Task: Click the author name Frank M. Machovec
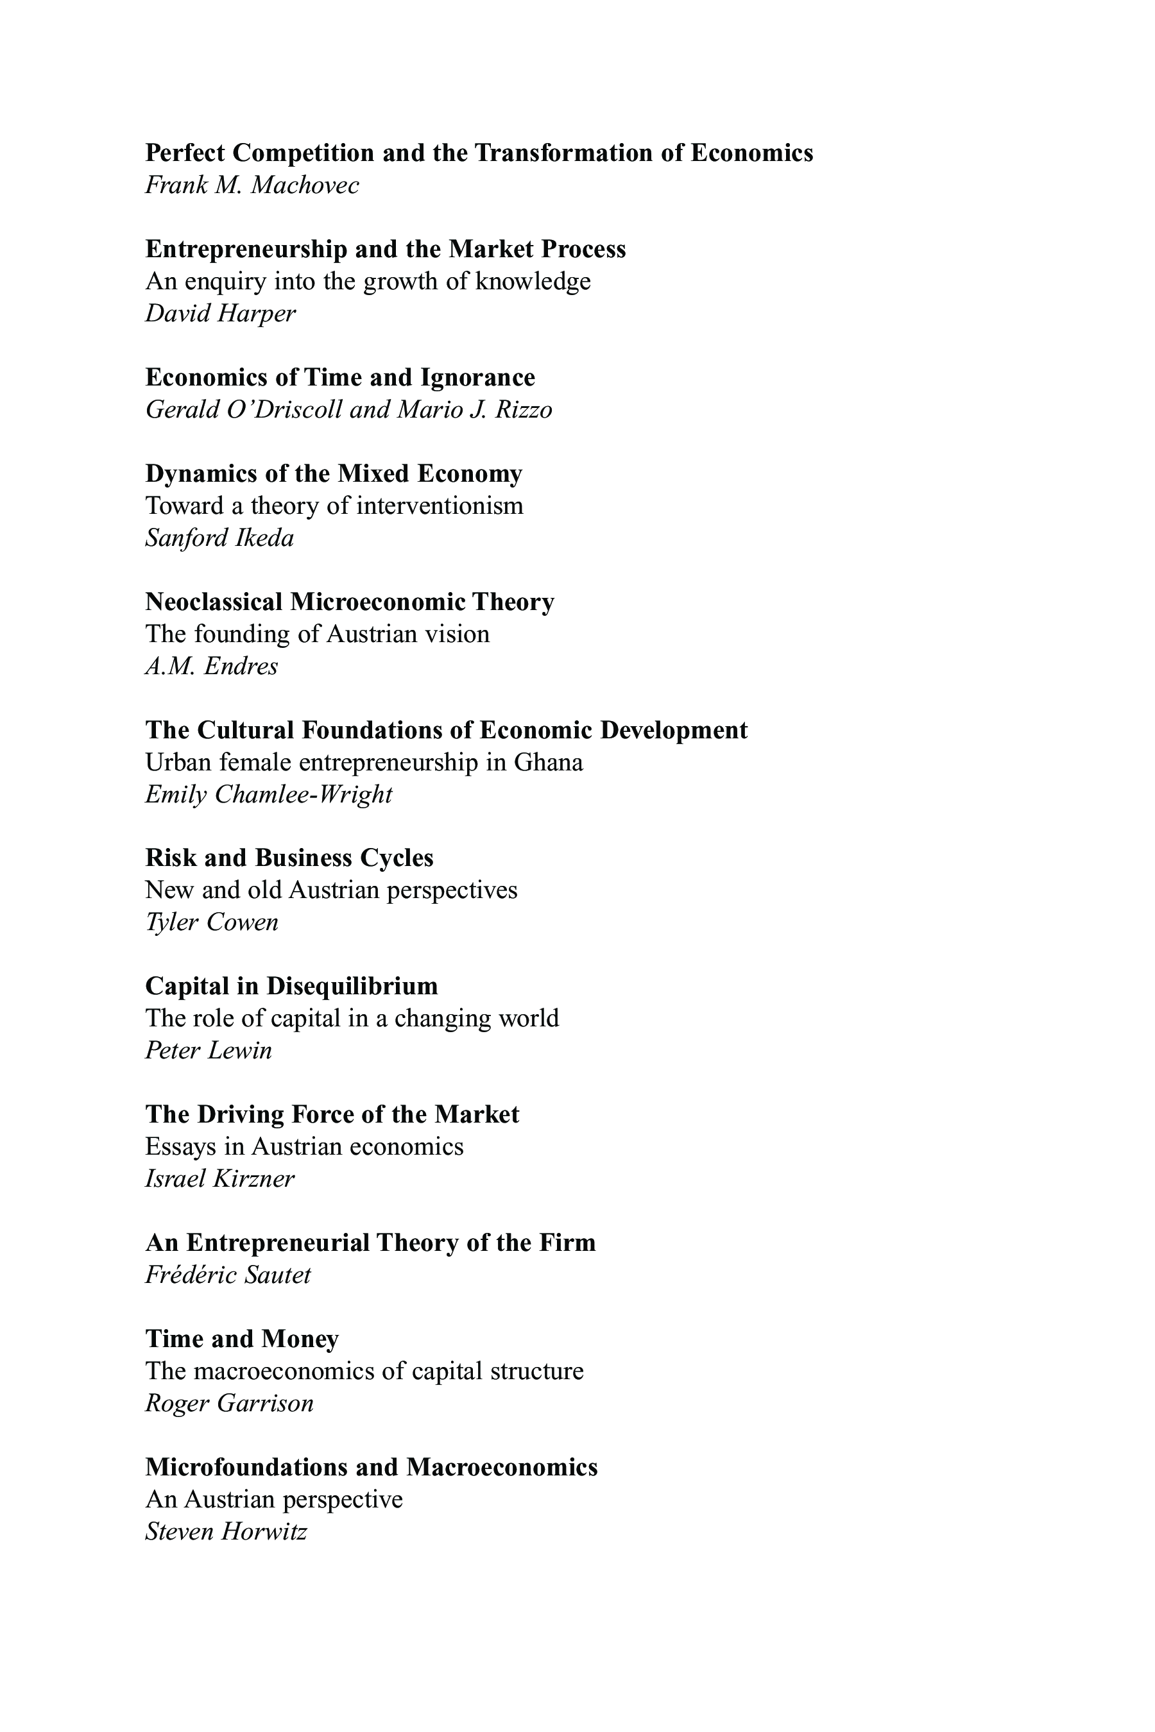(252, 185)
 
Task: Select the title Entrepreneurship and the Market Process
(385, 250)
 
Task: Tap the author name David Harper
(220, 314)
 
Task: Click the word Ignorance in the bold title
(477, 378)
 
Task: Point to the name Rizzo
(524, 409)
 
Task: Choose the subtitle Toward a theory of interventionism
(334, 506)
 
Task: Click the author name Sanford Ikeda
(219, 538)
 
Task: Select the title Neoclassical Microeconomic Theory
(349, 602)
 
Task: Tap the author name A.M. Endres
(211, 666)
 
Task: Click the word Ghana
(548, 762)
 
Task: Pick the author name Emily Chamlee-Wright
(269, 795)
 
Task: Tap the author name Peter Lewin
(209, 1051)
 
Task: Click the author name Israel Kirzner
(219, 1179)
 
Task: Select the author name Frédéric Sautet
(228, 1275)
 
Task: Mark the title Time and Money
(242, 1339)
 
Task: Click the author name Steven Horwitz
(226, 1532)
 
